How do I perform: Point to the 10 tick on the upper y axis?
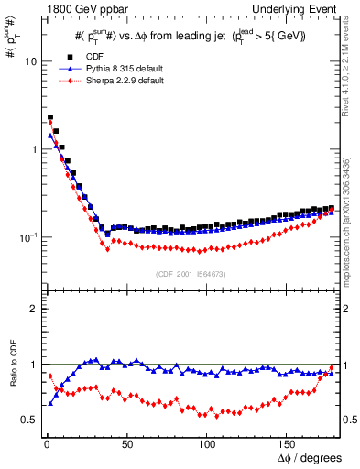tap(30, 61)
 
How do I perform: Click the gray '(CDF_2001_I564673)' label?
tap(190, 274)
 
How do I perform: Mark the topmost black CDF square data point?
tap(50, 117)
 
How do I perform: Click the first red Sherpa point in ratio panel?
tap(50, 376)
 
